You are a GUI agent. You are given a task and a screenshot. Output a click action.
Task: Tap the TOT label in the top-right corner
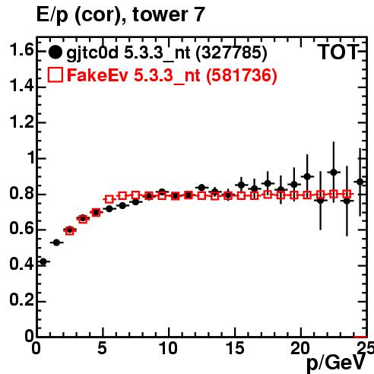338,52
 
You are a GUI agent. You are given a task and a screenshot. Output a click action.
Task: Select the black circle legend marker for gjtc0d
55,52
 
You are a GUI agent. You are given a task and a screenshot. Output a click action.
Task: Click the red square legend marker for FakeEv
55,75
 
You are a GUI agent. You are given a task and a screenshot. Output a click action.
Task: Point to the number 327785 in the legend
231,52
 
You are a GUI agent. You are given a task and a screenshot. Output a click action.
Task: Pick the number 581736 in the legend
242,75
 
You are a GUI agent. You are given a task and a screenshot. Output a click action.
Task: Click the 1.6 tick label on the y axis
21,50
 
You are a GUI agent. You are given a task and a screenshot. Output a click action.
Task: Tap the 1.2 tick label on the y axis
21,122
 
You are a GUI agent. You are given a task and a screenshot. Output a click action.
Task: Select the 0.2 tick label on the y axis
21,300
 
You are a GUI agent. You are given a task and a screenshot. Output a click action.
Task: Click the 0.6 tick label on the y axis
21,229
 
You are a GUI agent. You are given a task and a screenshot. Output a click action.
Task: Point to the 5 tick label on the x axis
102,348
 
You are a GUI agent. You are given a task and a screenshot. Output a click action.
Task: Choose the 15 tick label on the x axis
236,348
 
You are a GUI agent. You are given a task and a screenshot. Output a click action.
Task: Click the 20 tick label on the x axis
301,348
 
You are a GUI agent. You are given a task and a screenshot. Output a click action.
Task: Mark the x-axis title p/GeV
336,363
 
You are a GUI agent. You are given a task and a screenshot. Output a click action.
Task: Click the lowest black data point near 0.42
43,261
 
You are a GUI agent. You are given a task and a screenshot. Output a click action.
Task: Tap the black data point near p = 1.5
56,242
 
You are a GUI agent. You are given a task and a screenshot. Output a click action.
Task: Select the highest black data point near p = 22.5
334,173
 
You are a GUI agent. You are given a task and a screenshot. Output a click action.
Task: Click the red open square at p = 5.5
109,199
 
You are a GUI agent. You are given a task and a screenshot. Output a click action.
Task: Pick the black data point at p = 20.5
307,176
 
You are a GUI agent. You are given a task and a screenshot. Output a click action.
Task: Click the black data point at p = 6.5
122,206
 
